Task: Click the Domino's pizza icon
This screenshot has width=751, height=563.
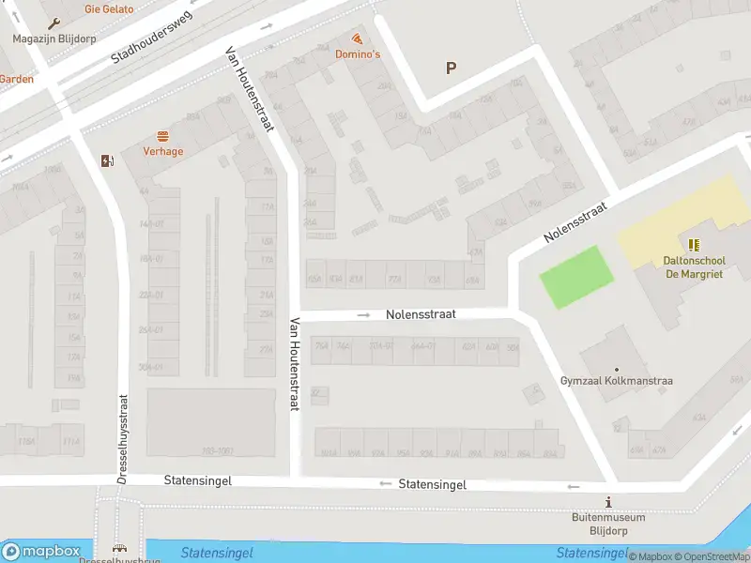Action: (358, 38)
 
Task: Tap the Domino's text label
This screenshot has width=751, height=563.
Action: (358, 54)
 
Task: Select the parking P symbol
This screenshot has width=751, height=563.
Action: (451, 68)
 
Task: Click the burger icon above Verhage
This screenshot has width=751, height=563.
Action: (163, 135)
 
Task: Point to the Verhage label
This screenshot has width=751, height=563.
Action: (163, 151)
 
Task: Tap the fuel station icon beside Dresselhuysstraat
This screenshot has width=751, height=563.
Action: (107, 160)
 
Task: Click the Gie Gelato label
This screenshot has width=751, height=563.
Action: (109, 9)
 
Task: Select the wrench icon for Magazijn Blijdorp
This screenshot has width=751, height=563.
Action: (53, 23)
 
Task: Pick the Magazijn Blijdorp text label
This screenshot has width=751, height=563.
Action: (53, 38)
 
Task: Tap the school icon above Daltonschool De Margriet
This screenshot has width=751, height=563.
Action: (694, 245)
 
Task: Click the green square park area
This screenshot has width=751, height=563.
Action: (575, 277)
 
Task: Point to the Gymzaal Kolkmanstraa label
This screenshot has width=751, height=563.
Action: (617, 381)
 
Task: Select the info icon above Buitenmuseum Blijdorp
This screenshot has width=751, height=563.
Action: (608, 501)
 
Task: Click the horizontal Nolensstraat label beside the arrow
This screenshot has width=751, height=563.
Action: (421, 315)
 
